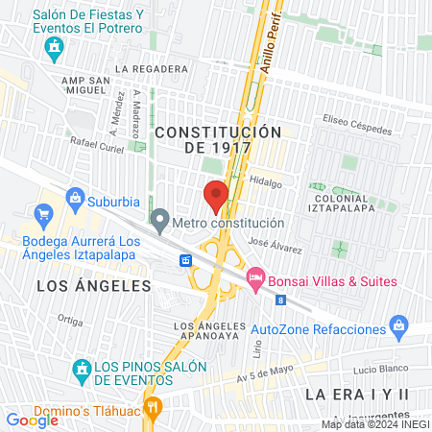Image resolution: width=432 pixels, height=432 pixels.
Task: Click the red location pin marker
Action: tap(216, 196)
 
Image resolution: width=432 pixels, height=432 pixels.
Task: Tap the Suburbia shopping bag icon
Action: tap(76, 202)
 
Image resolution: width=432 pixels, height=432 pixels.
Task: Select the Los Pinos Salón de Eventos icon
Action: tap(83, 368)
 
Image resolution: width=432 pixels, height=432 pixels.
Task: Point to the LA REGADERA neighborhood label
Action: tap(151, 69)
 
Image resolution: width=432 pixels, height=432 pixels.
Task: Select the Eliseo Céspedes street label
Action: tap(357, 125)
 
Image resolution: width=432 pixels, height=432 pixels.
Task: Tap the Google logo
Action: tap(32, 420)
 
